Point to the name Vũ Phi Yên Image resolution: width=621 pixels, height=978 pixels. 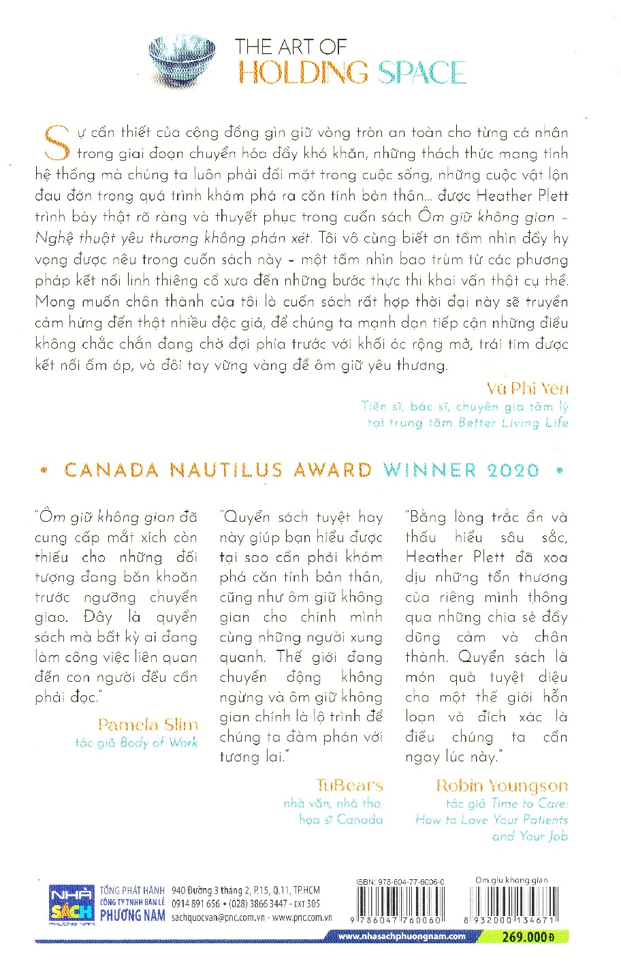[528, 389]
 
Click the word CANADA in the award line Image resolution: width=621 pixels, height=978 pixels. [112, 471]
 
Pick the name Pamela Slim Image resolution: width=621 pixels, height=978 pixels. [148, 725]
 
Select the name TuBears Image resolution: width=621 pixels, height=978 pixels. [349, 785]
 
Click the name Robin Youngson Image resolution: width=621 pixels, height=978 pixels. [502, 785]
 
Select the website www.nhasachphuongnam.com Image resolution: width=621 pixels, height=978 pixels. [402, 936]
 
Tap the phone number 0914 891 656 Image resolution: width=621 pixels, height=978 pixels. [196, 904]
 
